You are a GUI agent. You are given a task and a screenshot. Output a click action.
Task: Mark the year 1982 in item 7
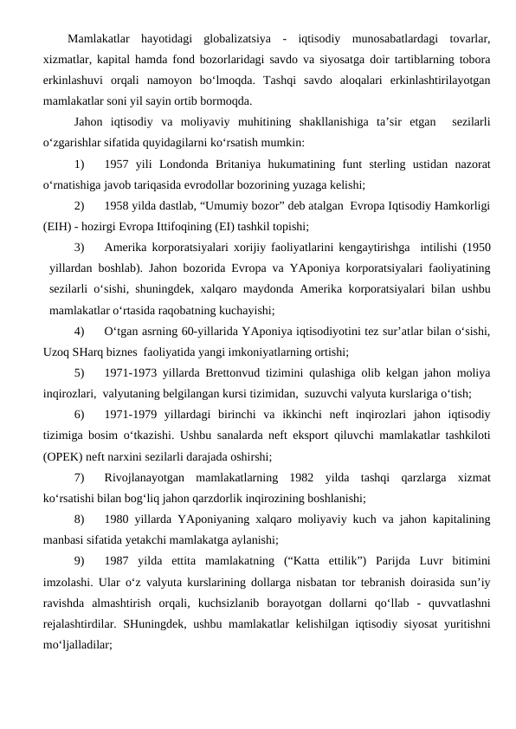click(x=294, y=476)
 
